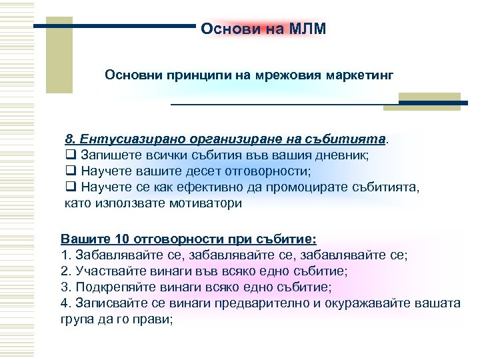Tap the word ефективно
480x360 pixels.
pos(224,188)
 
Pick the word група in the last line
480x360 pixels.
pos(78,319)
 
